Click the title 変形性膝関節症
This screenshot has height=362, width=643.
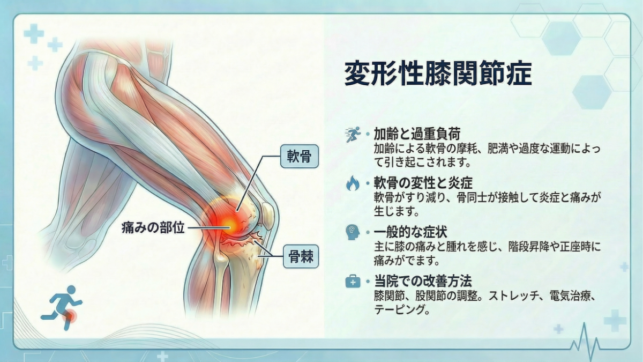[438, 74]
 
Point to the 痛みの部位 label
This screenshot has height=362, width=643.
[153, 228]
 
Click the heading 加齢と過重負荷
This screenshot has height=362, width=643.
[417, 133]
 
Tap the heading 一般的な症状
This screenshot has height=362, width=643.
[410, 232]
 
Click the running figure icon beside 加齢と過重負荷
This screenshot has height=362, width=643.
[353, 134]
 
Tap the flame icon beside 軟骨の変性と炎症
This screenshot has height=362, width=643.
[353, 184]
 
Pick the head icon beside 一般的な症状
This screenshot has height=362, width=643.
[353, 233]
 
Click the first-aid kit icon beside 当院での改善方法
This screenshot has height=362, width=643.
[353, 282]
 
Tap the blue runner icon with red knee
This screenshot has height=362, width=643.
[61, 309]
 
